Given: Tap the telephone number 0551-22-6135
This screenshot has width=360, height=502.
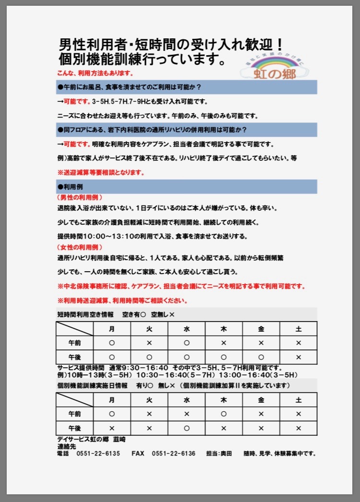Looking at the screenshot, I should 98,454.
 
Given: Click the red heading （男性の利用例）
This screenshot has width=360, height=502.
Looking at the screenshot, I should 80,197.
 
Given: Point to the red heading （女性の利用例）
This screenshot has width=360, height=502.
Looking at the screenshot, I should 80,247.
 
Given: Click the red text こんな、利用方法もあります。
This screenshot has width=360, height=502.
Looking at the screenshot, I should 95,73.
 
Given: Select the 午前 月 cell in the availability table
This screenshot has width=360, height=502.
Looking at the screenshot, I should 112,343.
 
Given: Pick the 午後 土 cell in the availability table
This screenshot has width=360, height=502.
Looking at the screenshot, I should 299,357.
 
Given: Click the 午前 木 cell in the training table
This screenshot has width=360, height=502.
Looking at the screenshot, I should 224,414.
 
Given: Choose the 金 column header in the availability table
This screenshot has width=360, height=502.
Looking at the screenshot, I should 261,329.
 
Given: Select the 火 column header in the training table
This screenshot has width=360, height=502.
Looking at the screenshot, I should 149,400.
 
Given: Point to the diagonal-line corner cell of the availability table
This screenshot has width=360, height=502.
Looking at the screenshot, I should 74,329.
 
